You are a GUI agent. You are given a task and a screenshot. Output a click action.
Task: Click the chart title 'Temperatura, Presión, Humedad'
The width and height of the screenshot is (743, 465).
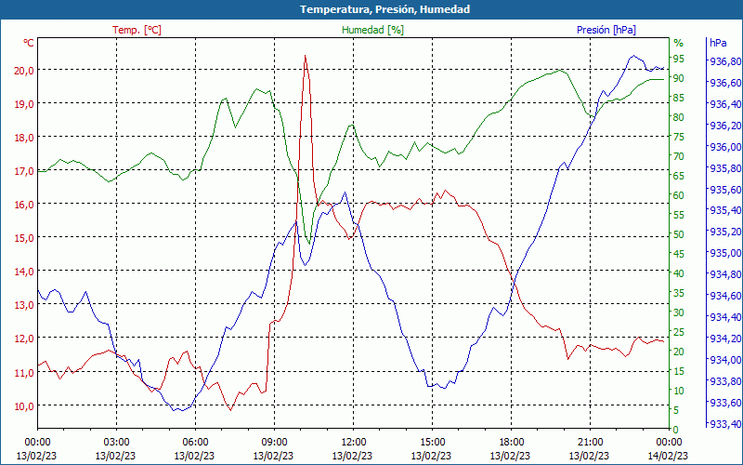pos(371,9)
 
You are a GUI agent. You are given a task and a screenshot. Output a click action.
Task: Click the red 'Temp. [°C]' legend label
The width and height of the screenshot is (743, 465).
pos(137,30)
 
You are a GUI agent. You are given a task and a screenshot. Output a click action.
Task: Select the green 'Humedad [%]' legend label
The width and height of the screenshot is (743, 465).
pos(372,30)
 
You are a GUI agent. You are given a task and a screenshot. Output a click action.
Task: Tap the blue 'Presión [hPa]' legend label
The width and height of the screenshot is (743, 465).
pos(606,30)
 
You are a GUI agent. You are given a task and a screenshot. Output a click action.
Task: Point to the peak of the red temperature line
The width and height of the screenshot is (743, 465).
pos(305,56)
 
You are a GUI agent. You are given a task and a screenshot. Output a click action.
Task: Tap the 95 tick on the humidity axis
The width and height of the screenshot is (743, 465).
pos(679,59)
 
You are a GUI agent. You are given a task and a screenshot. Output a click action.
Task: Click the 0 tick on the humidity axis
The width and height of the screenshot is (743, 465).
pos(676,429)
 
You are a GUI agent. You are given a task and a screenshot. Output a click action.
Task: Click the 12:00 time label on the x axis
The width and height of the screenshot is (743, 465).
pos(353,442)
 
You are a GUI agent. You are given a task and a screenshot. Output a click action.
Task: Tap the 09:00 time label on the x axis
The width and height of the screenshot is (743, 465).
pos(274,442)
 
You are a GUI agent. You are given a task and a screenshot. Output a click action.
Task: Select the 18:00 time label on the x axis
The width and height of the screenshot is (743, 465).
pos(511,442)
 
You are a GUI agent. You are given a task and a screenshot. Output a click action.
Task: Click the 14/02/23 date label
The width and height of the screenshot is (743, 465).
pos(669,455)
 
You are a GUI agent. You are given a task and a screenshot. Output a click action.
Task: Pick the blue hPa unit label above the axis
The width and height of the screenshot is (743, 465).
pos(718,43)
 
